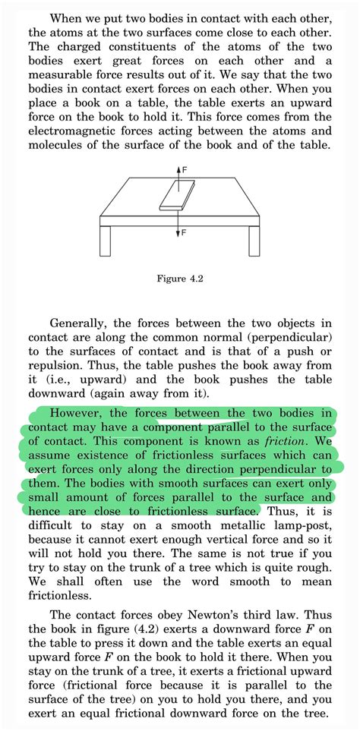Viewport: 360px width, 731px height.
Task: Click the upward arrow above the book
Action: [x=177, y=172]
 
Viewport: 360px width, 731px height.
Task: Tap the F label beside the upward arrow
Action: [x=183, y=171]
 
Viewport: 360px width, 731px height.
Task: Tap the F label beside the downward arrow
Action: [x=183, y=232]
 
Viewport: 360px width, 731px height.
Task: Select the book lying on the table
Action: [x=177, y=194]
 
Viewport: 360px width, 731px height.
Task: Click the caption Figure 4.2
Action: [x=179, y=279]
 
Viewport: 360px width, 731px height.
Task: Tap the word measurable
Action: [x=59, y=76]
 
